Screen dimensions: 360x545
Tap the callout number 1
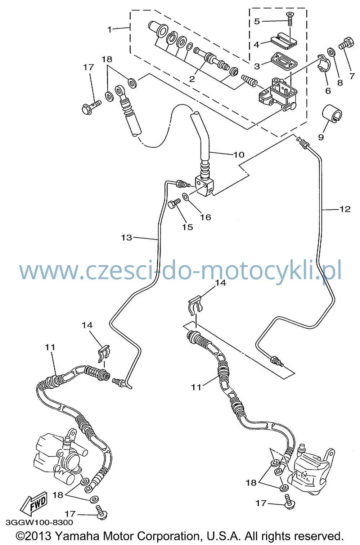110,30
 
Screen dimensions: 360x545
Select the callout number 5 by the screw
257,21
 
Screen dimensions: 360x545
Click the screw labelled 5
290,19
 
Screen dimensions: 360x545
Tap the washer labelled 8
331,52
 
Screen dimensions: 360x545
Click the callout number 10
239,155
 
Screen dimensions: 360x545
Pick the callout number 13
126,237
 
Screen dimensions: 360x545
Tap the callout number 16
206,217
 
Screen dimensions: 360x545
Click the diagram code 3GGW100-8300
39,522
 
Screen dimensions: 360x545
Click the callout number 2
192,79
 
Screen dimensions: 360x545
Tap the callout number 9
321,137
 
